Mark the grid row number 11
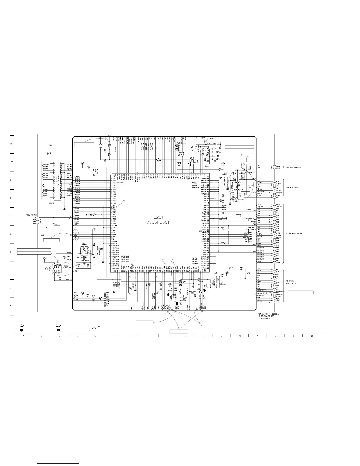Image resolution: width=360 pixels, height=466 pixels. pos(11,144)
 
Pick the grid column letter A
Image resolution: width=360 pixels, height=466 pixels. pos(23,337)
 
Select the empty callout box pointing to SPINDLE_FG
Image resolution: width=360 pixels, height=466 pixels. pos(300,292)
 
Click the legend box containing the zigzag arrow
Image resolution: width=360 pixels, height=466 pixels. pos(104,327)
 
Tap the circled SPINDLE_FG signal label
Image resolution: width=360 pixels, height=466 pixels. pos(260,294)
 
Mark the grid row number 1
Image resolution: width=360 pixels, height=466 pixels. pos(11,324)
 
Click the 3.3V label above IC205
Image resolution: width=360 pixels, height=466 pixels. pos(50,145)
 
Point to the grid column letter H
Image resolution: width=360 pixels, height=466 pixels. pos(149,337)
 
